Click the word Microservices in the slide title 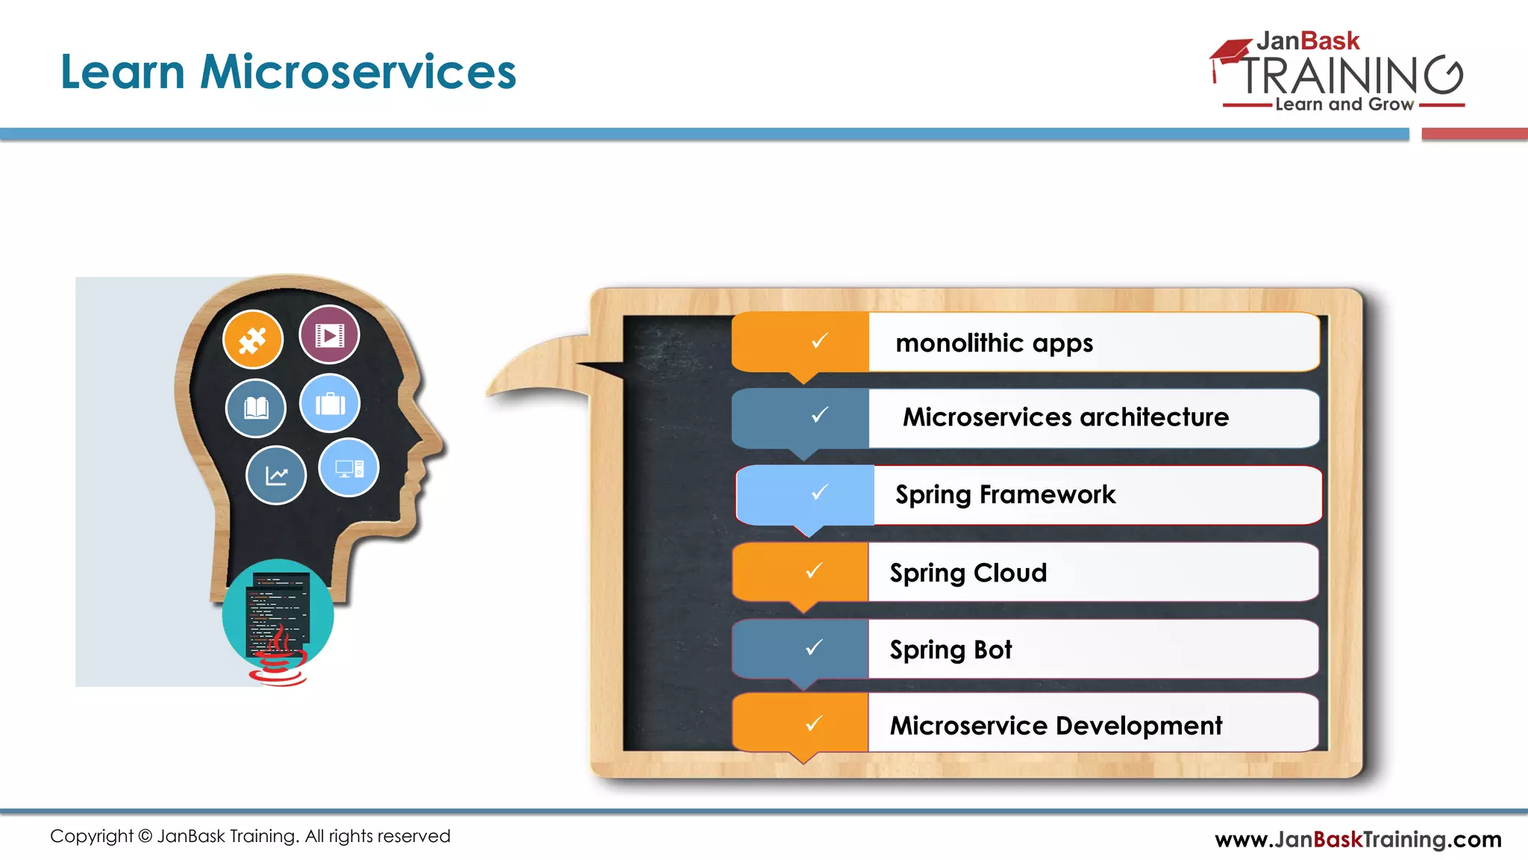pyautogui.click(x=358, y=72)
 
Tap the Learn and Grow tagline pyautogui.click(x=1344, y=105)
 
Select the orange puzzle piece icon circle pyautogui.click(x=253, y=340)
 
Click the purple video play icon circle pyautogui.click(x=329, y=334)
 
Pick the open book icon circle pyautogui.click(x=256, y=408)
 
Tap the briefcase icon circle pyautogui.click(x=330, y=404)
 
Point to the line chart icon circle pyautogui.click(x=276, y=476)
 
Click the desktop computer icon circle pyautogui.click(x=348, y=468)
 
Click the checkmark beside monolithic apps pyautogui.click(x=819, y=341)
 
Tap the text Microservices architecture pyautogui.click(x=1065, y=417)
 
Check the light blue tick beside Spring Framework pyautogui.click(x=819, y=493)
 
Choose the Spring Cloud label pyautogui.click(x=968, y=573)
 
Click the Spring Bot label pyautogui.click(x=951, y=650)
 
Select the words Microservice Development pyautogui.click(x=1056, y=726)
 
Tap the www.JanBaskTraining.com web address pyautogui.click(x=1358, y=840)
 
